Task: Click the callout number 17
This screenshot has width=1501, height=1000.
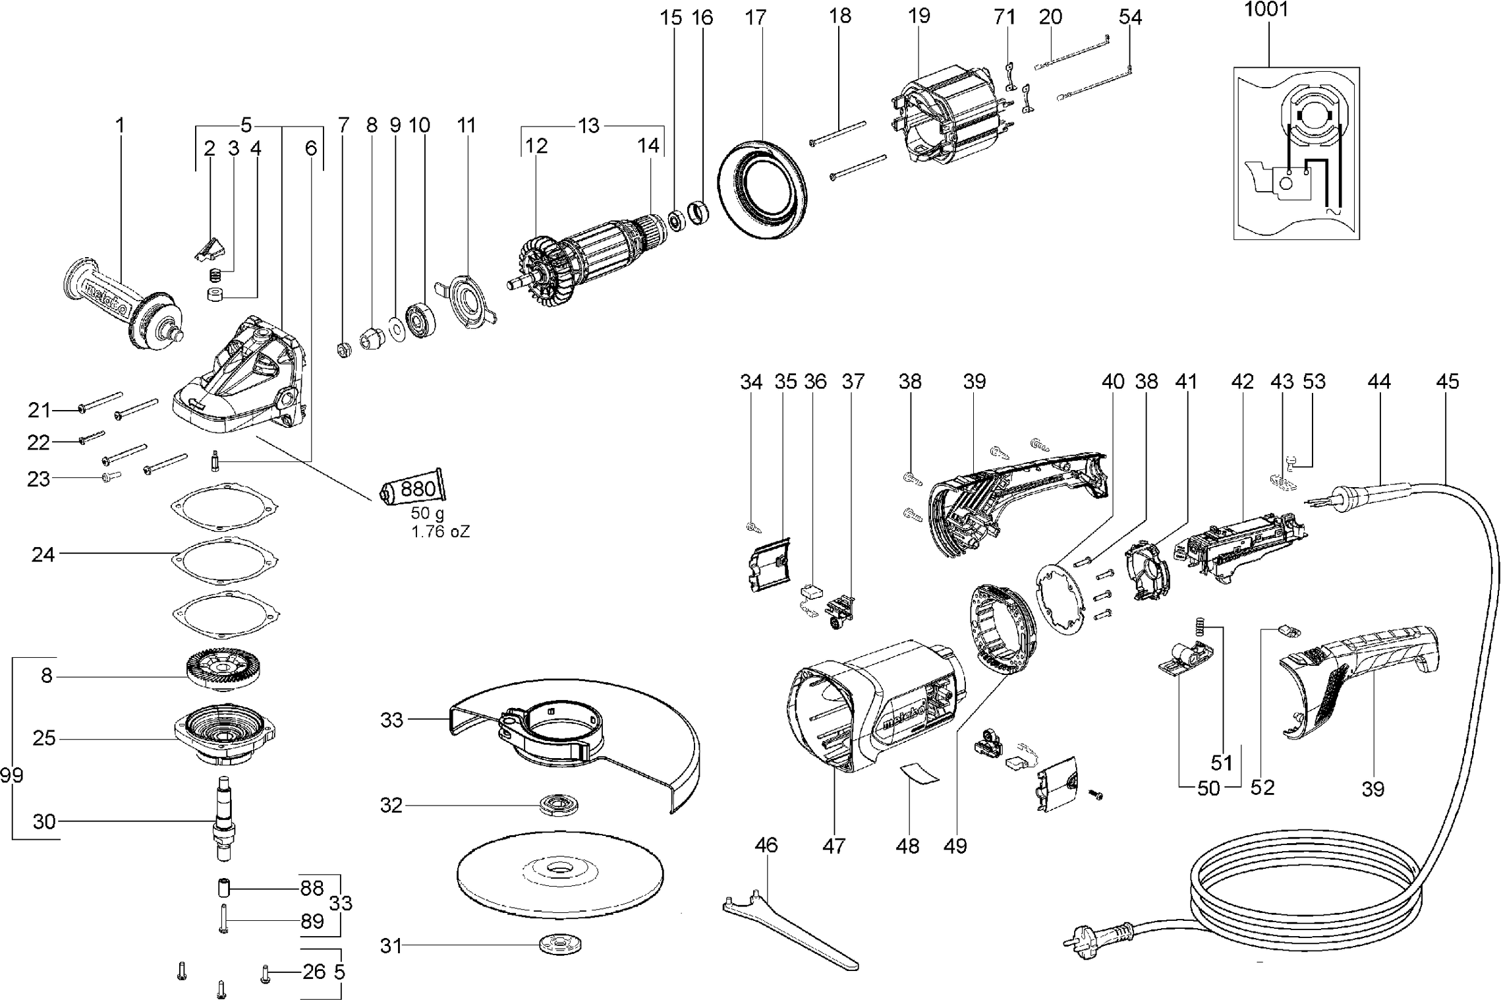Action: (x=756, y=18)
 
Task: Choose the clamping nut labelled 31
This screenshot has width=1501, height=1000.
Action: (x=555, y=944)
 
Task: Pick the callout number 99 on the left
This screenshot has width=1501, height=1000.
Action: (x=11, y=775)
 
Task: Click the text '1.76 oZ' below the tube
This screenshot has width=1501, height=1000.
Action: (x=440, y=532)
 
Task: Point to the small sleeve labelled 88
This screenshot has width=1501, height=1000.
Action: (x=223, y=887)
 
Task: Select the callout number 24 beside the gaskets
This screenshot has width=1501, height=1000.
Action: (x=43, y=554)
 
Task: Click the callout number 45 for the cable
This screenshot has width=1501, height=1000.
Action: (x=1446, y=381)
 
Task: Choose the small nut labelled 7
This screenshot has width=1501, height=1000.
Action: (x=343, y=347)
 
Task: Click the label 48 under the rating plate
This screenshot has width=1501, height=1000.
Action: (x=907, y=845)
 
